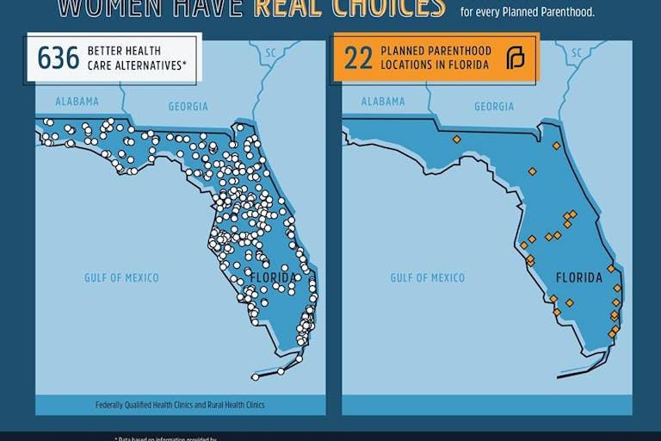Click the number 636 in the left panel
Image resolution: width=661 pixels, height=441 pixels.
(x=59, y=58)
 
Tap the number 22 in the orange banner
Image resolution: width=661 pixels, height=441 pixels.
(x=358, y=58)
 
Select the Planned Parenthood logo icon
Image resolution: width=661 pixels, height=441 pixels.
(x=515, y=59)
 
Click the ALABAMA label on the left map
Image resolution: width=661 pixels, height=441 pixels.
(x=77, y=102)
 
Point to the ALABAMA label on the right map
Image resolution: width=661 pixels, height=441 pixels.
(x=383, y=102)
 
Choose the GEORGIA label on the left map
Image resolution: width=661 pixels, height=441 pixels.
(x=188, y=107)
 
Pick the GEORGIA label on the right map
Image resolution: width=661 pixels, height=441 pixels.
(x=494, y=107)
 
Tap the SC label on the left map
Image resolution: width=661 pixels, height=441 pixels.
(x=270, y=53)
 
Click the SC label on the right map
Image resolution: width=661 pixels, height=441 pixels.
(x=577, y=53)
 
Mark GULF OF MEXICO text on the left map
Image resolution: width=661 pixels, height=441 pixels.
(x=121, y=277)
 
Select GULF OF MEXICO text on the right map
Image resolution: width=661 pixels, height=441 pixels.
(x=427, y=277)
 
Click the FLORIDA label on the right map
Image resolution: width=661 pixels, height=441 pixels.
(x=579, y=277)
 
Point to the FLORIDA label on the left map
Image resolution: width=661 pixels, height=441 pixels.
(x=273, y=277)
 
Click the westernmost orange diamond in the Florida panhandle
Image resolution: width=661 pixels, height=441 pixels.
(x=457, y=139)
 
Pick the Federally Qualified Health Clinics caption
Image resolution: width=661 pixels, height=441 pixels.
(x=180, y=405)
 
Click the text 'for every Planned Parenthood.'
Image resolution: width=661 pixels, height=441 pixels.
(x=528, y=12)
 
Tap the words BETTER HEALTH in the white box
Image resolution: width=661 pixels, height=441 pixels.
(x=122, y=51)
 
